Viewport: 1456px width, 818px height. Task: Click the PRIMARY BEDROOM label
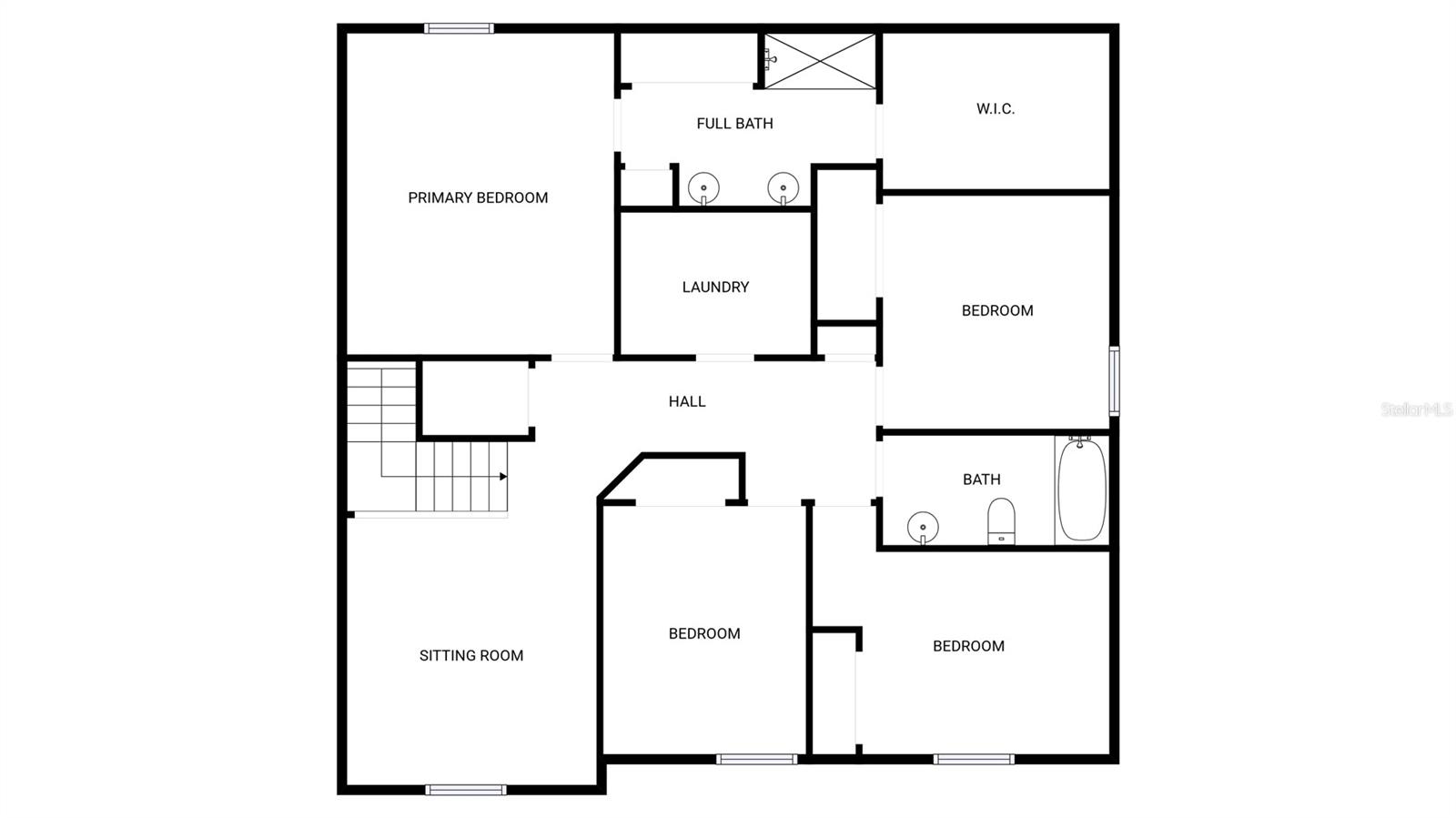(x=478, y=197)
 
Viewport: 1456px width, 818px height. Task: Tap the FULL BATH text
(x=734, y=124)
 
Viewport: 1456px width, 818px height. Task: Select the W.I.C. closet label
(x=996, y=109)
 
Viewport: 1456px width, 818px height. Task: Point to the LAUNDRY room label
(x=715, y=287)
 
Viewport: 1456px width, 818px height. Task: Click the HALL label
(x=687, y=401)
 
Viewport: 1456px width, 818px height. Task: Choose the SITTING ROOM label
(x=470, y=655)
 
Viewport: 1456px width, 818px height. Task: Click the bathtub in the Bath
(x=1082, y=490)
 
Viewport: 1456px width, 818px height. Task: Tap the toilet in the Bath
(x=1001, y=520)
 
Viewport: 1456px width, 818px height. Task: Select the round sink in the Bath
(x=923, y=527)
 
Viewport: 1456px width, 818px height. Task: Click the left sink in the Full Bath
(x=703, y=188)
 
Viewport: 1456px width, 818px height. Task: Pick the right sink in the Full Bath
(x=783, y=188)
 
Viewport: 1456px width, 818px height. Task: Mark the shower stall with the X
(x=820, y=61)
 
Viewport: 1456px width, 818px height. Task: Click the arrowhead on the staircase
(x=503, y=476)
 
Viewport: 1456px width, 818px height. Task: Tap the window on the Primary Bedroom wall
(x=459, y=29)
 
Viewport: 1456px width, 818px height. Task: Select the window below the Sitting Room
(x=466, y=790)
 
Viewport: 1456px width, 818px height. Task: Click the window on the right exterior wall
(x=1114, y=380)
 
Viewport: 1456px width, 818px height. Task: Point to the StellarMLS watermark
(x=1416, y=409)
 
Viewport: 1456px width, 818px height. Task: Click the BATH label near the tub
(x=981, y=480)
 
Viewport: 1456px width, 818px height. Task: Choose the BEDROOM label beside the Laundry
(x=996, y=310)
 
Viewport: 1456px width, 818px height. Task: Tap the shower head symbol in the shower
(x=771, y=59)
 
